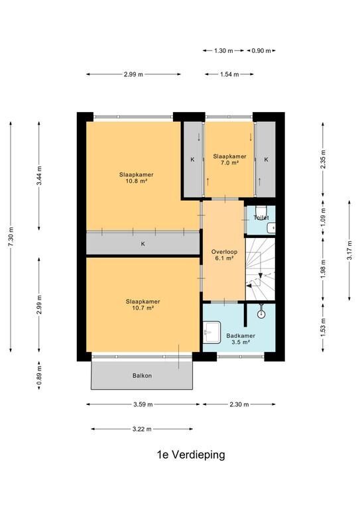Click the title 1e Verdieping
(191, 455)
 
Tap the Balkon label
(142, 376)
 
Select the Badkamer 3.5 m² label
(241, 339)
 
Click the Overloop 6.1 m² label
(224, 254)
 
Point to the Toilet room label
(261, 217)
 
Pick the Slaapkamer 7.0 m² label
(229, 159)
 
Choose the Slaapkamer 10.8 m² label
(137, 178)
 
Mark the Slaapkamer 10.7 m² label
(143, 304)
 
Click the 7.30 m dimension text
(11, 237)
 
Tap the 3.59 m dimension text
(143, 404)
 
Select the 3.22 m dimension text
(142, 429)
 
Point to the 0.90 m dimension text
(261, 50)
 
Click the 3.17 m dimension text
(349, 251)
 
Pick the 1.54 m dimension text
(229, 74)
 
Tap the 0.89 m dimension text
(39, 375)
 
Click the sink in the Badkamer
(212, 332)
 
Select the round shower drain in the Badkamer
(261, 314)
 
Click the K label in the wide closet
(143, 243)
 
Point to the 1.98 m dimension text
(323, 269)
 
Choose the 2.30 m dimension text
(239, 404)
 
